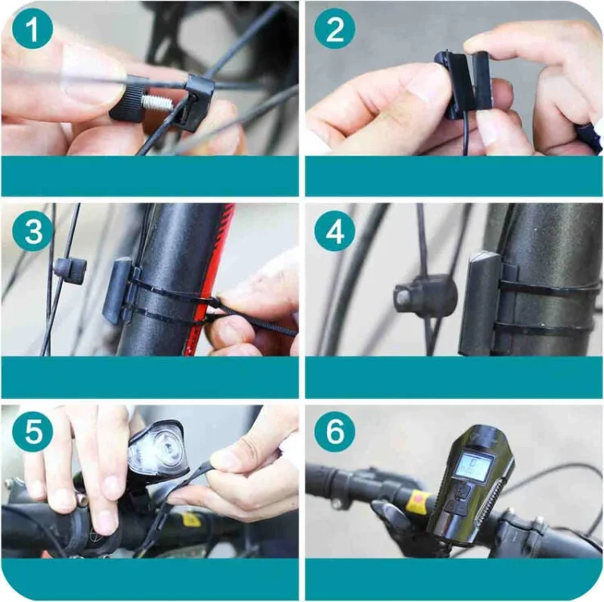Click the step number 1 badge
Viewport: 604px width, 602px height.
(x=32, y=29)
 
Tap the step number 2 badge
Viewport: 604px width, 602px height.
(x=334, y=29)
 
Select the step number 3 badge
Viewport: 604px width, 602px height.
(x=32, y=231)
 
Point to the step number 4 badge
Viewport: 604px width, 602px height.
(x=334, y=231)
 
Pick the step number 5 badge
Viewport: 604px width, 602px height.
(x=32, y=432)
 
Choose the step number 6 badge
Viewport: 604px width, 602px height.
(x=334, y=432)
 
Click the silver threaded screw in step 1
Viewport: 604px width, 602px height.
(x=157, y=102)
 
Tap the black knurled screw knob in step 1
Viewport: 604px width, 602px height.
(x=126, y=103)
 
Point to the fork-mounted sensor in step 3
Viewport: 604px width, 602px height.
(x=118, y=289)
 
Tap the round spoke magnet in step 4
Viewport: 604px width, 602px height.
(x=424, y=295)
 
